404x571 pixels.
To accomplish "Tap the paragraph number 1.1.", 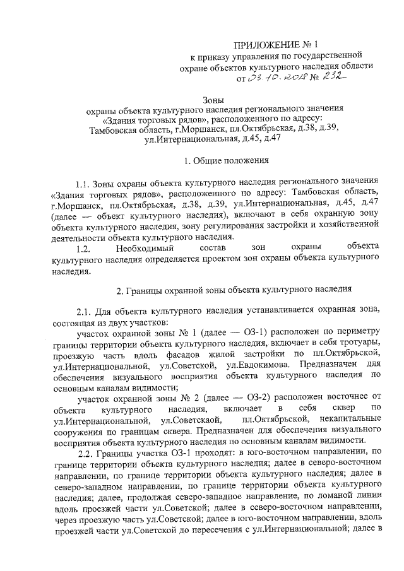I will (83, 184).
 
